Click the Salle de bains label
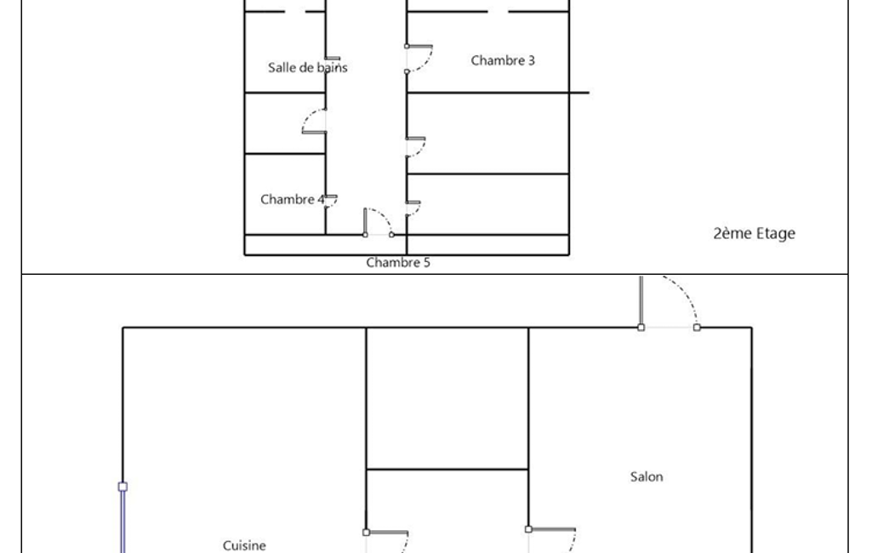(x=307, y=67)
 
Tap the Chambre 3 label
(x=503, y=60)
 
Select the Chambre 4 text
(x=293, y=199)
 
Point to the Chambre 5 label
(x=398, y=262)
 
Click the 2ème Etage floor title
(x=754, y=233)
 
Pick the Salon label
(x=647, y=476)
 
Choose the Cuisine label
(x=244, y=545)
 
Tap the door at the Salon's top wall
(x=669, y=302)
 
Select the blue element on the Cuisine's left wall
(x=123, y=517)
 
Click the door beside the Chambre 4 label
(x=331, y=201)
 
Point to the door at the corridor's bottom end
(x=379, y=222)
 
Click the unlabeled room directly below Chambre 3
(x=487, y=134)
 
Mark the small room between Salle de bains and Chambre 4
(x=285, y=123)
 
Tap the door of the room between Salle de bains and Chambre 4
(x=314, y=122)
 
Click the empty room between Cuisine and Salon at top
(x=447, y=398)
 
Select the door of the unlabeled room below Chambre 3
(x=415, y=147)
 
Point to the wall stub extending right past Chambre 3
(x=579, y=93)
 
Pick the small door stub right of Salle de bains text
(x=333, y=59)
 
